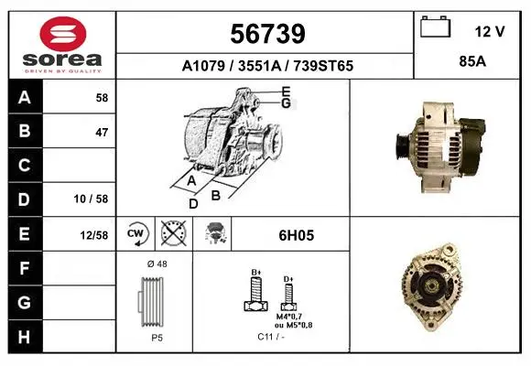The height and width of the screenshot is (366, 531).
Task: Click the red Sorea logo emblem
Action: point(63,34)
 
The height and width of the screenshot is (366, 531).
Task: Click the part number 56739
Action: point(267,34)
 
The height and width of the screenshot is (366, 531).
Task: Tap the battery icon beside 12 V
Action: point(436,27)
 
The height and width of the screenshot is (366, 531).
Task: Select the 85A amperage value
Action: point(472,61)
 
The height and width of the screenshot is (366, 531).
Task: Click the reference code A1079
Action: point(203,66)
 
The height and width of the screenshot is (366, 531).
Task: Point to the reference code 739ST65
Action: point(323,66)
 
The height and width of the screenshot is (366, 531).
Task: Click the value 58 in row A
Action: point(102,98)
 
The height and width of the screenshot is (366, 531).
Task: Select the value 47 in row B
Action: point(102,132)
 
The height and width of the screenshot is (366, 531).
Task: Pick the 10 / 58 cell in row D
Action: point(91,199)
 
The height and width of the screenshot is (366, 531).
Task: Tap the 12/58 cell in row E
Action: point(94,235)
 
